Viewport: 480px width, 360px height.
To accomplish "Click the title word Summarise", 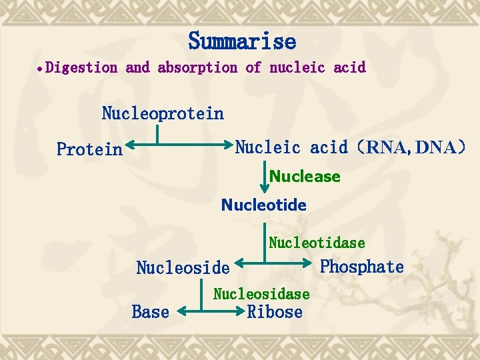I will coord(242,41).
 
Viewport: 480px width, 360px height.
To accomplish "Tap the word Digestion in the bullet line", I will coord(82,67).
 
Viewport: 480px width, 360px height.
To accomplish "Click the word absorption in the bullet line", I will coord(197,67).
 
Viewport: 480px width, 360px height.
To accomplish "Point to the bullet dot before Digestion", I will coord(41,69).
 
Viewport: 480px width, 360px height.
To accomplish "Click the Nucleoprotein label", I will coord(163,113).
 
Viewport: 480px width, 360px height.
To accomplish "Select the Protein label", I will coord(90,149).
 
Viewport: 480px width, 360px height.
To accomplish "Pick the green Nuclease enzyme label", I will coord(305,177).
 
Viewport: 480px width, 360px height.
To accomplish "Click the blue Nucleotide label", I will coord(264,205).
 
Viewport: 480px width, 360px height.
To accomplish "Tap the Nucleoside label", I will coord(183,268).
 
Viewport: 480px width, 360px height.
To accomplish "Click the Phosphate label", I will coord(362,267).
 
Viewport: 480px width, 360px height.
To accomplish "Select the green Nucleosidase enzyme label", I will coord(261,294).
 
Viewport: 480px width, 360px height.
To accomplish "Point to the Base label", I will coord(151,311).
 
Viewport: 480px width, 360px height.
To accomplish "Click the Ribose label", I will coord(275,312).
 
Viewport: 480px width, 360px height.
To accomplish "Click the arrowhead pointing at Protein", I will coord(129,144).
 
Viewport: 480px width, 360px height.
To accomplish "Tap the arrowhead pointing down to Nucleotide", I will coord(264,191).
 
